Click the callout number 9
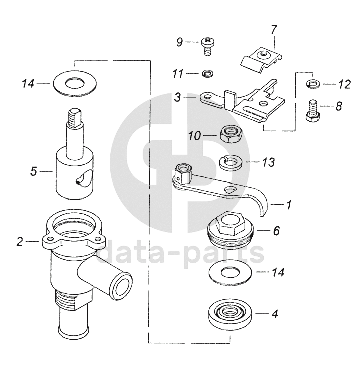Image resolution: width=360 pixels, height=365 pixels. pos(180,42)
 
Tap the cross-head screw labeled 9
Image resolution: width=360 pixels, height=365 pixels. pos(207,46)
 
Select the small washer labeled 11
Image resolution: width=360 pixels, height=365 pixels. pos(208,73)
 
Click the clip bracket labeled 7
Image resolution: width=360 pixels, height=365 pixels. pos(261,59)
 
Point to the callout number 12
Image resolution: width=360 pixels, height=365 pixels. pos(344,84)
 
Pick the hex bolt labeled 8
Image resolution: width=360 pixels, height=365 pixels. pos(312,111)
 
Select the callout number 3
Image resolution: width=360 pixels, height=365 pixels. pos(178,97)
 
